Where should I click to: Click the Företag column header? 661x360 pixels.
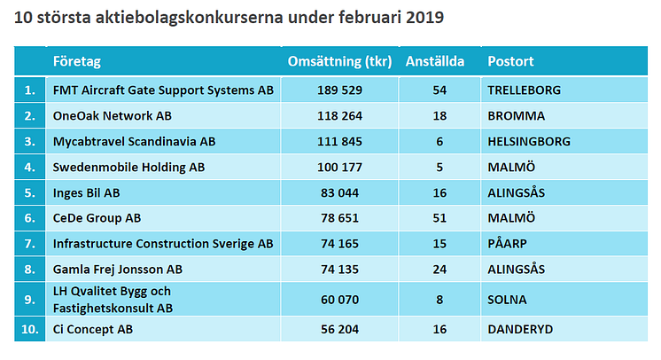coord(77,62)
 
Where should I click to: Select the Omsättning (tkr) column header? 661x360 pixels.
coord(340,62)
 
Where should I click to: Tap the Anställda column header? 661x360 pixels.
coord(435,62)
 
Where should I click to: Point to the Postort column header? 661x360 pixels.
coord(510,62)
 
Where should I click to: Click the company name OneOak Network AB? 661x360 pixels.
coord(113,116)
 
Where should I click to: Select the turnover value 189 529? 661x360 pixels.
coord(340,90)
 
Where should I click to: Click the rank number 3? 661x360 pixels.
coord(30,141)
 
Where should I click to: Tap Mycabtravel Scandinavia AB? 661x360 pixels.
coord(135,141)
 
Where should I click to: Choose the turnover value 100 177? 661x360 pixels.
coord(340,167)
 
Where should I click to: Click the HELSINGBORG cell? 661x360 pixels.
coord(529,141)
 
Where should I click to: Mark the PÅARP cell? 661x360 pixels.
coord(509,243)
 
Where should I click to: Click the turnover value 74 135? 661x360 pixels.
coord(340,269)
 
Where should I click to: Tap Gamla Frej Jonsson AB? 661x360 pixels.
coord(118,269)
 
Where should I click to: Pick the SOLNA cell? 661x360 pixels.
coord(508,299)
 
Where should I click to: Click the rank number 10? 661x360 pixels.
coord(30,329)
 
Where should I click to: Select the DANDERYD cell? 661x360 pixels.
coord(520,329)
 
